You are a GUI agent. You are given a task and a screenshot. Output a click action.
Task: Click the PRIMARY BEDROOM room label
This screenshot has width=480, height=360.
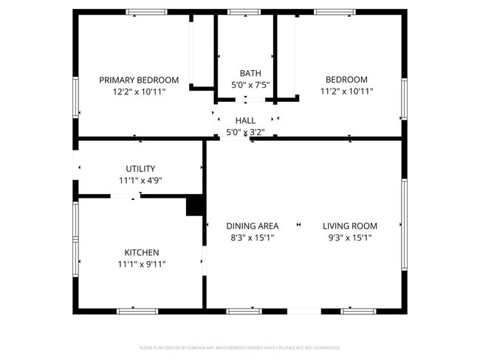point(139,80)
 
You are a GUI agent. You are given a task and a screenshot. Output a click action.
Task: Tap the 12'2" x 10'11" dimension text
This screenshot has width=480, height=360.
point(139,91)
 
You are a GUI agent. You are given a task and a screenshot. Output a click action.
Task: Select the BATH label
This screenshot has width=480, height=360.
point(250,73)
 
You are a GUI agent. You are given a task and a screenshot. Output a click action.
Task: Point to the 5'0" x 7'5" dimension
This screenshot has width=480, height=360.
point(250,85)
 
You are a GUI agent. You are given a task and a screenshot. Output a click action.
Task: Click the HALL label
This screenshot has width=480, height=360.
point(245,120)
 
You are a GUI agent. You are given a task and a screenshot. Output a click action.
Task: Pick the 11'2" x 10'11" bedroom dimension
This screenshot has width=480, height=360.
point(346,91)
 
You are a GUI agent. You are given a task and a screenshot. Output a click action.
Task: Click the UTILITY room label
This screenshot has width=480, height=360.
point(140,168)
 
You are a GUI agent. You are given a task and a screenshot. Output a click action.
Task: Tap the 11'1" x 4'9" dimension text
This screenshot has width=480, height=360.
point(140,180)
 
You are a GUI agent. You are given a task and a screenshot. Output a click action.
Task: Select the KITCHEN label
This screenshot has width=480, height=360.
point(141,252)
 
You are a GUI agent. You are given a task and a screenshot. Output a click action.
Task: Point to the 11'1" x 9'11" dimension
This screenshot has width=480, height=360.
point(141,264)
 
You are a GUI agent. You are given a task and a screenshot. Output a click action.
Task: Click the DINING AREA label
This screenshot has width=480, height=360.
point(252,226)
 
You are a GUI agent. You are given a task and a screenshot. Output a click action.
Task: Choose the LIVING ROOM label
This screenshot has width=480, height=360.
point(350,226)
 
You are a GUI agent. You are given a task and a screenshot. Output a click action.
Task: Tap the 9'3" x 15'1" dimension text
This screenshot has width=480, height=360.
point(350,238)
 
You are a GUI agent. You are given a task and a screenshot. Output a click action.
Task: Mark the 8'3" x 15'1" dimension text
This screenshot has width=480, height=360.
point(252,238)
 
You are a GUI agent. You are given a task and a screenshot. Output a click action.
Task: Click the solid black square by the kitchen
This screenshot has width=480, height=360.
point(195,205)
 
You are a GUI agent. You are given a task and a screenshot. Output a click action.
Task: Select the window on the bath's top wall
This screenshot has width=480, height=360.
point(244,12)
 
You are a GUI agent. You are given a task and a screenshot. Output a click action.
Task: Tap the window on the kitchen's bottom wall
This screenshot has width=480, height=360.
point(137,311)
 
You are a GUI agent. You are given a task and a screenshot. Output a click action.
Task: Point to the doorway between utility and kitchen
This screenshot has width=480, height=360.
point(126,196)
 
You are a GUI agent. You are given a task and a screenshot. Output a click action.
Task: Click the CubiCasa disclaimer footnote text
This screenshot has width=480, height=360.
point(239,347)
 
